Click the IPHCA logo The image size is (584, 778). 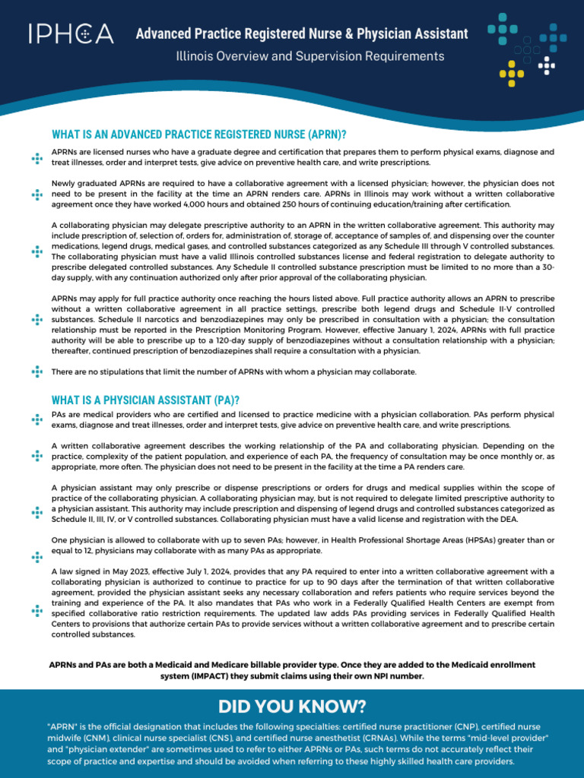coord(71,34)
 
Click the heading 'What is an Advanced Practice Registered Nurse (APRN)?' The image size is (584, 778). coord(199,134)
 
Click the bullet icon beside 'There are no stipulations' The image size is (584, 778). coord(36,372)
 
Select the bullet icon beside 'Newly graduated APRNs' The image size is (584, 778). coord(36,194)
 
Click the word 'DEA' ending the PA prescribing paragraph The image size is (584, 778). coord(509,519)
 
